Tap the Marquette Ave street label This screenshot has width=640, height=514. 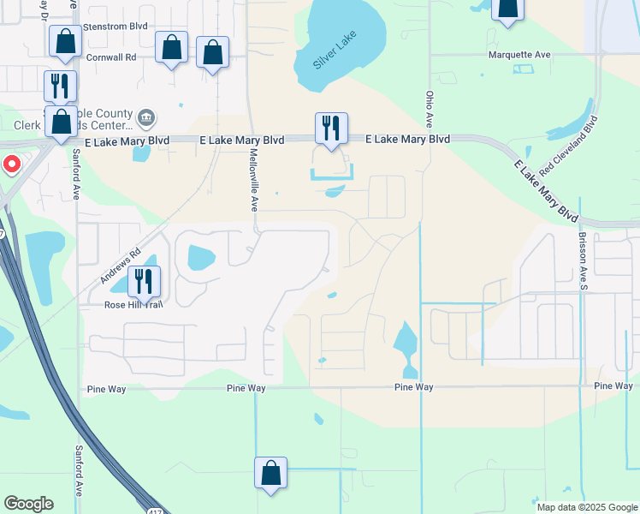[x=519, y=54]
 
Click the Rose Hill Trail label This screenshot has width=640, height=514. [x=133, y=304]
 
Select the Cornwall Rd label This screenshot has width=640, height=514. [x=111, y=57]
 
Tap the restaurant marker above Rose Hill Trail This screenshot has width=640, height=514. [x=144, y=280]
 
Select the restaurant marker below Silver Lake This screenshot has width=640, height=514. [x=331, y=128]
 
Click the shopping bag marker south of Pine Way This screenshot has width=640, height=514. [x=270, y=473]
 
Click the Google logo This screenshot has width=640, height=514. [x=28, y=504]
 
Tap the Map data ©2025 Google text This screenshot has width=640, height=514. [x=587, y=507]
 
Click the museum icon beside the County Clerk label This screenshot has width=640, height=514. [x=146, y=117]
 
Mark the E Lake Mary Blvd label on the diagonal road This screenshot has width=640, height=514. [x=545, y=190]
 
